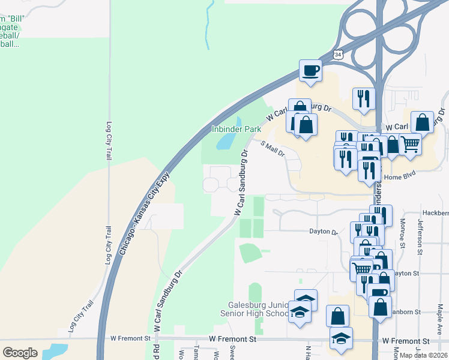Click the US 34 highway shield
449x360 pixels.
click(x=339, y=55)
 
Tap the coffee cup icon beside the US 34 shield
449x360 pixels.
click(x=311, y=70)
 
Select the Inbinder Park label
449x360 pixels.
click(x=236, y=129)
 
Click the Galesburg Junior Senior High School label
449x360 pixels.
click(x=255, y=309)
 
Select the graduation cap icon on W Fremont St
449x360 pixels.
click(x=341, y=339)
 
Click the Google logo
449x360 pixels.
click(x=20, y=352)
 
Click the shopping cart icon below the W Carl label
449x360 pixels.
click(x=410, y=143)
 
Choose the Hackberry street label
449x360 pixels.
click(x=435, y=213)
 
